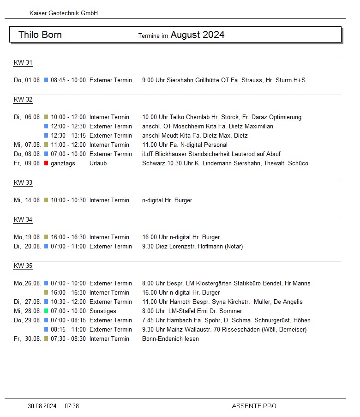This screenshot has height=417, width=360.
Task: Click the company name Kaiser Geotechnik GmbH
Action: point(64,13)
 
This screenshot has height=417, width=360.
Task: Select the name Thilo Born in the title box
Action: point(40,35)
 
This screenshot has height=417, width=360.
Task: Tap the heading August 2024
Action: point(198,35)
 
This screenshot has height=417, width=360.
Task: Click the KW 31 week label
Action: point(23,63)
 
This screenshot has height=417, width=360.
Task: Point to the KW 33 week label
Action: point(23,182)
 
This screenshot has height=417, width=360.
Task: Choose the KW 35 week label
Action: point(23,266)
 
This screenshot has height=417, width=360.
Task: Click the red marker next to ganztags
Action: point(46,163)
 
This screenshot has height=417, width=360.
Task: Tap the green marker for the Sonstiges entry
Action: point(46,311)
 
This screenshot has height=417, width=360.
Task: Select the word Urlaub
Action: point(98,163)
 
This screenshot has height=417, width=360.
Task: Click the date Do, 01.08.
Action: point(28,80)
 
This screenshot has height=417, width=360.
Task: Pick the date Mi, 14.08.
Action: point(28,200)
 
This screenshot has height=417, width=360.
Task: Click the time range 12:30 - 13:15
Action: point(68,135)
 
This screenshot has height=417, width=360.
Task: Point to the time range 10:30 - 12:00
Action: point(68,302)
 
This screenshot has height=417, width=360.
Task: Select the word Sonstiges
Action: point(103,311)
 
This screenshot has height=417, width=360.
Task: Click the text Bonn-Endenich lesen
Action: point(170,338)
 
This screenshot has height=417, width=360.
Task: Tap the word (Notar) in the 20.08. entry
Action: point(234,246)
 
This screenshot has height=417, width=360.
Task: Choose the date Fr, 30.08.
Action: point(28,338)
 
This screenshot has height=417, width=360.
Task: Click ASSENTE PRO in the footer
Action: point(254,406)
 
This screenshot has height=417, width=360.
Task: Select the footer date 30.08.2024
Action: point(42,406)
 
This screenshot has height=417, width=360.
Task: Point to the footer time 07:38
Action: point(72,406)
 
